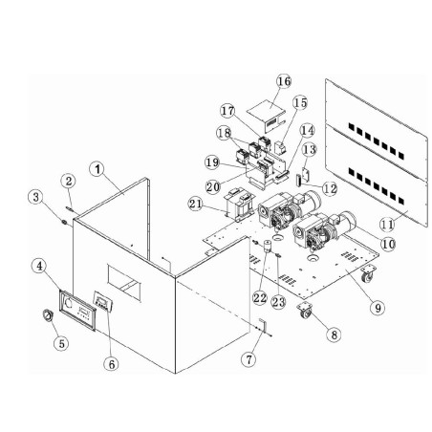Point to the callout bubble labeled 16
click(x=284, y=82)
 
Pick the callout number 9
click(x=379, y=308)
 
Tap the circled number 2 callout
click(x=68, y=181)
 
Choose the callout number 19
click(x=210, y=162)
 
